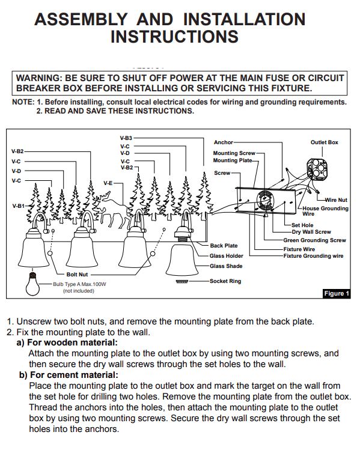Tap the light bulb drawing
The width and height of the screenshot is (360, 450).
(32, 284)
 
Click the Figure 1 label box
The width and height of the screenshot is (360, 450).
(337, 293)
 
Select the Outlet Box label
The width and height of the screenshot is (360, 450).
(324, 142)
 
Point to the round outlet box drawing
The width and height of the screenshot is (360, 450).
(317, 169)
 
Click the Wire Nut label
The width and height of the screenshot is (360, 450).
(336, 200)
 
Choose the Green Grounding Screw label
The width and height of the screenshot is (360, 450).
(315, 240)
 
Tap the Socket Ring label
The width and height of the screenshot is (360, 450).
(225, 281)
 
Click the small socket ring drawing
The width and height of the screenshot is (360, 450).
(182, 281)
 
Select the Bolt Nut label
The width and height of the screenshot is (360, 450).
(77, 275)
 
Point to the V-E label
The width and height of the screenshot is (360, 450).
(108, 183)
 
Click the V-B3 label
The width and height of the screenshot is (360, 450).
(126, 138)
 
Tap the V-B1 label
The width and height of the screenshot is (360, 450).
(19, 205)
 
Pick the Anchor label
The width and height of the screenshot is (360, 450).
(224, 142)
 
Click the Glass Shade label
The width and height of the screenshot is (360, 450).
(226, 266)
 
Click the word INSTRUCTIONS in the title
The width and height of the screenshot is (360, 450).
(174, 37)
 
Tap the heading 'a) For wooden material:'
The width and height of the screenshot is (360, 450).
(67, 342)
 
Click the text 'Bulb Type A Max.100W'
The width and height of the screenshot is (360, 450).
(79, 284)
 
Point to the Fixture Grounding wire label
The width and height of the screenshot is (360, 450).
(313, 256)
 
